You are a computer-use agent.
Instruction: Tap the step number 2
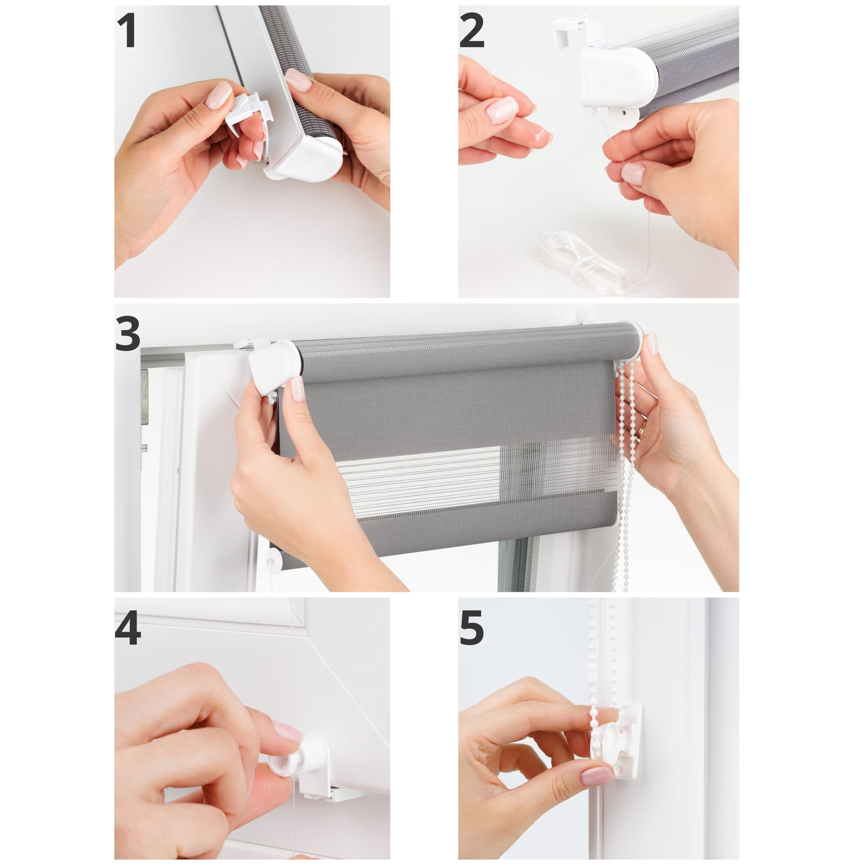pos(472,30)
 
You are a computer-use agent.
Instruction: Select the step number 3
pos(128,333)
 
